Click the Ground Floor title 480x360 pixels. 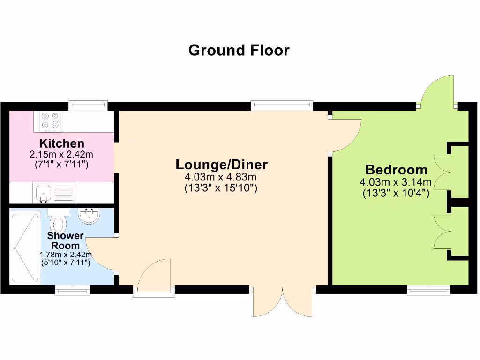pos(239,50)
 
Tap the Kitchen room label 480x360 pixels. pos(62,143)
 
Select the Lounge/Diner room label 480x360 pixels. pos(222,165)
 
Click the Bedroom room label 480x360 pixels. pos(396,169)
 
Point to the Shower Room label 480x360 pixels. pos(65,240)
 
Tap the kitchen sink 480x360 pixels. pos(43,193)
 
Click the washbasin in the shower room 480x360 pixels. pos(89,216)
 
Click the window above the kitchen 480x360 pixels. pos(88,105)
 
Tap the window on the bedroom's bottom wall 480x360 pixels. pos(428,290)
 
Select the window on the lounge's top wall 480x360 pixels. pos(282,105)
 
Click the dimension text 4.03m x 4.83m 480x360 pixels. pos(221,177)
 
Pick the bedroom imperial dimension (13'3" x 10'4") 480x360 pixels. pos(396,193)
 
